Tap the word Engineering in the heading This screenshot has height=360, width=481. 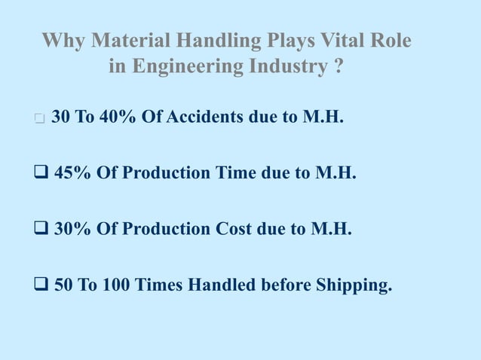click(188, 66)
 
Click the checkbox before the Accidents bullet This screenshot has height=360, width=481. click(39, 119)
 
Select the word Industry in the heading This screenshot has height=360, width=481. click(288, 66)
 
